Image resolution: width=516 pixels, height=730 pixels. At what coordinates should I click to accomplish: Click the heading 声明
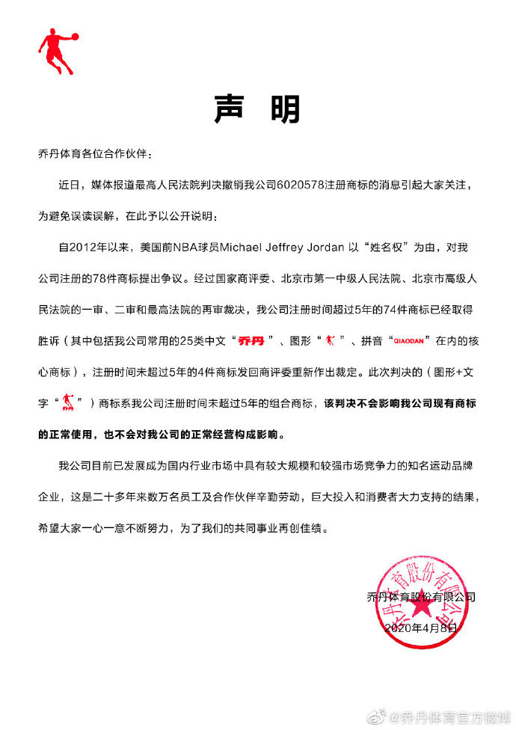pos(257,109)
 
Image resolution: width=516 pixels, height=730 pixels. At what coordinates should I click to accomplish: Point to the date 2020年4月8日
pos(420,630)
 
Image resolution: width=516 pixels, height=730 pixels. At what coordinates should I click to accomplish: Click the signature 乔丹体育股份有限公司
pos(421,597)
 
